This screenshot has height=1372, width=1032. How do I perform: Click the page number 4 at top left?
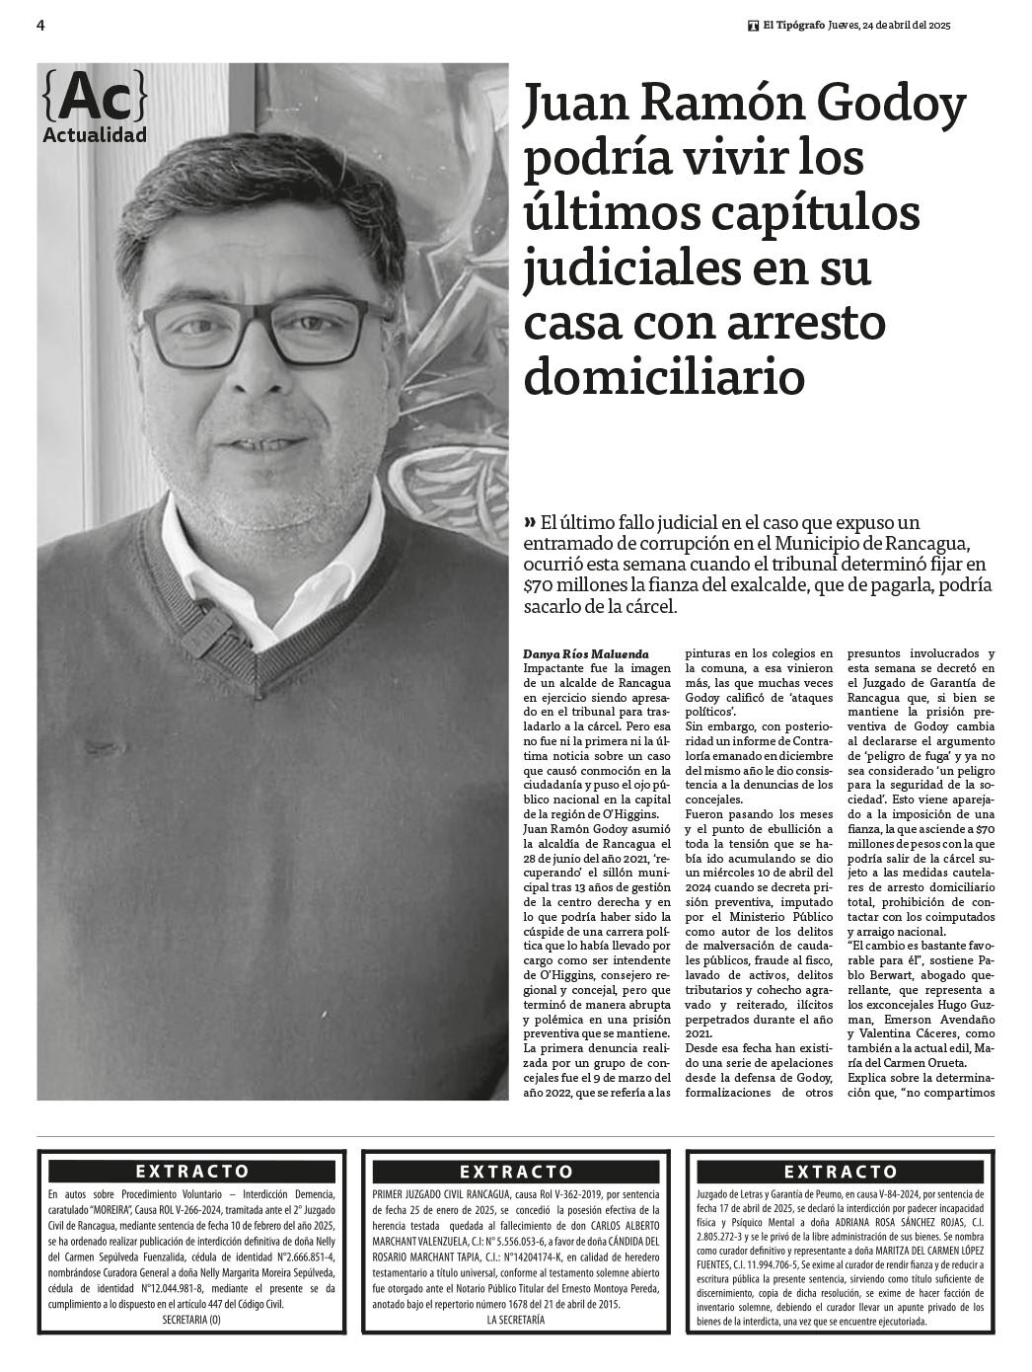(x=40, y=26)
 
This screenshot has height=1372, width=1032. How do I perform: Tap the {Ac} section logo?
(x=96, y=97)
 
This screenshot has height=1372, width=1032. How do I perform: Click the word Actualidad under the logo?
(x=95, y=135)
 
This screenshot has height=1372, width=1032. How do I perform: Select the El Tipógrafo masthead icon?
(x=753, y=27)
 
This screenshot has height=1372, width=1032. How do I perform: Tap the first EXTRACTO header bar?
(x=192, y=1172)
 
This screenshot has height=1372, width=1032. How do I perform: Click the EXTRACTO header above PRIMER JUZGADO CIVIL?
(x=516, y=1172)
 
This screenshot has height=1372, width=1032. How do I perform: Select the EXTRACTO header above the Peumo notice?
(x=841, y=1172)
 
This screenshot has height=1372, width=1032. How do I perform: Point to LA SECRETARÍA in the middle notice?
(x=515, y=1320)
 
